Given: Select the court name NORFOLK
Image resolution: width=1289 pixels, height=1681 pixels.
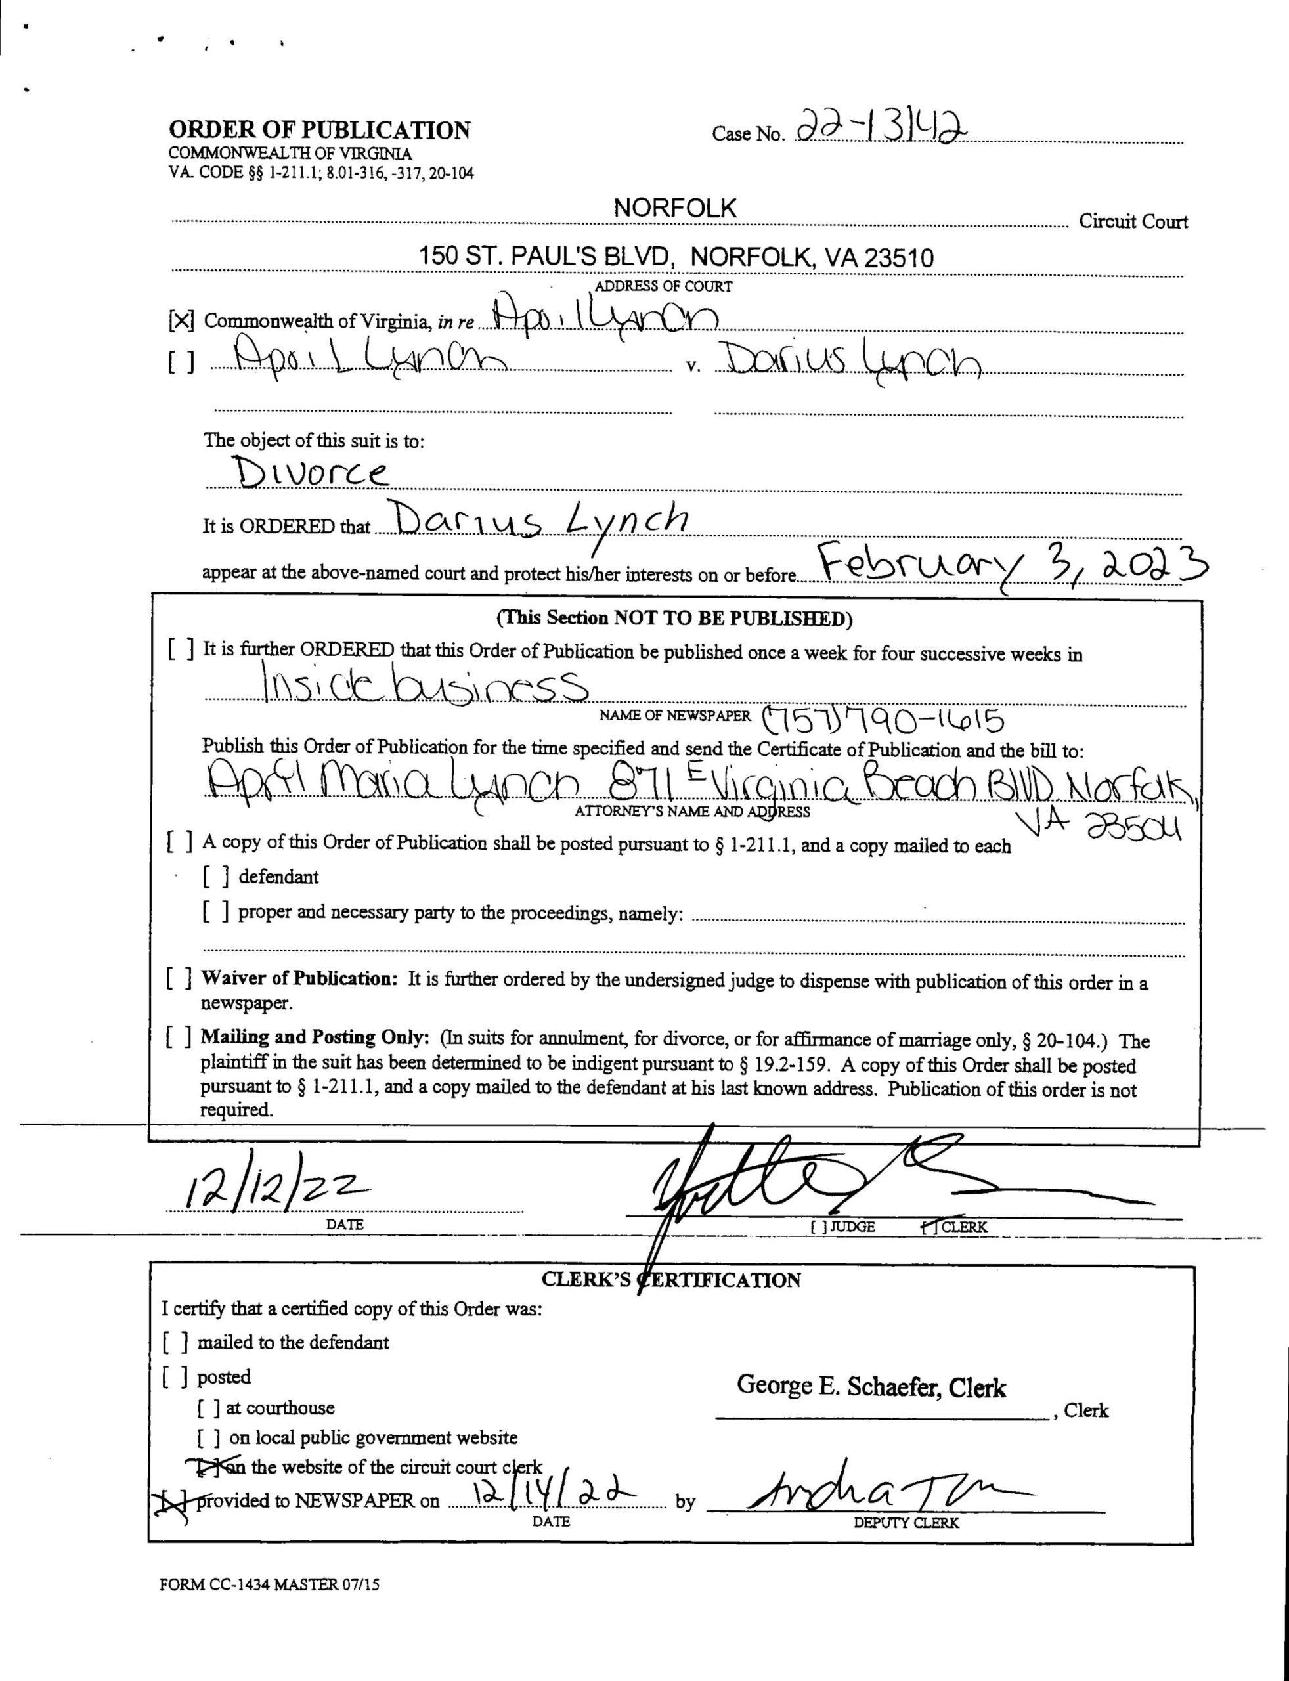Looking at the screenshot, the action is click(x=674, y=208).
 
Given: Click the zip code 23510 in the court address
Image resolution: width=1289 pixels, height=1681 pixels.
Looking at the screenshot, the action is click(x=899, y=258).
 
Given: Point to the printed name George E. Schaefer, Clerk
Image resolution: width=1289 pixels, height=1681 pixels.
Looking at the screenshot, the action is click(x=871, y=1386).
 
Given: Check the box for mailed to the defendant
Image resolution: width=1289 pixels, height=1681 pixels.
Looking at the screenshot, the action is click(x=176, y=1343).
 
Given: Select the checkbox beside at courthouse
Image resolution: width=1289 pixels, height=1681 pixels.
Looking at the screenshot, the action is click(x=209, y=1408).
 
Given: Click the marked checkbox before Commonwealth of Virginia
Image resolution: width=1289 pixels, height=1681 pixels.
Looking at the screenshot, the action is click(x=181, y=320).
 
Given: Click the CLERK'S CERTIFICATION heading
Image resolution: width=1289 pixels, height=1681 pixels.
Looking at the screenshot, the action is click(x=670, y=1280).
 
